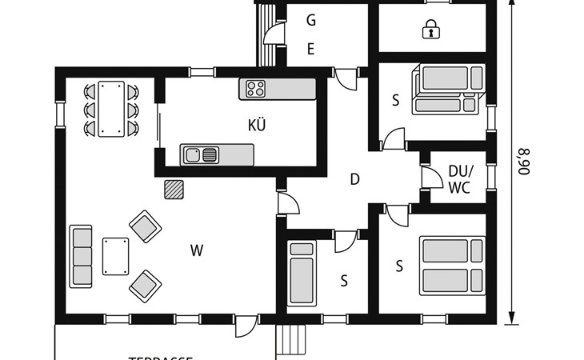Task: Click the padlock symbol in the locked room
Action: [431, 30]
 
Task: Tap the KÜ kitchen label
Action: [257, 125]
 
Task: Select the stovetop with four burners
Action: [256, 88]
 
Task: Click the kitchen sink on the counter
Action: [201, 154]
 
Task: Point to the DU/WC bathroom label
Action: [460, 180]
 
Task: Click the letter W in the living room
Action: [197, 251]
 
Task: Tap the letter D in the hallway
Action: [354, 179]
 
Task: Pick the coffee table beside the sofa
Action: [116, 256]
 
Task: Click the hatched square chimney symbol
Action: [174, 189]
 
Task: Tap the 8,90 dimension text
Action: [524, 160]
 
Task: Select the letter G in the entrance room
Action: [311, 21]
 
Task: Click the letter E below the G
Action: [311, 49]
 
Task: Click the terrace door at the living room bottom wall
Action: [246, 326]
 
